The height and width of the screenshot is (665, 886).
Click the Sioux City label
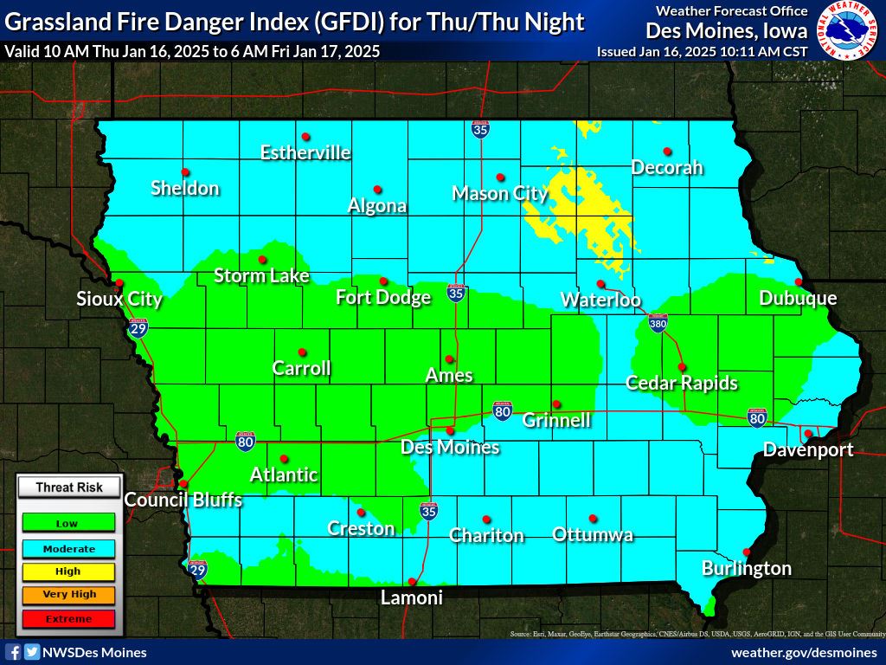point(119,300)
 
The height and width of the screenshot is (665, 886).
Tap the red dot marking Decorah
point(666,152)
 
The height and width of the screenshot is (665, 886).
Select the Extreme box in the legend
point(67,618)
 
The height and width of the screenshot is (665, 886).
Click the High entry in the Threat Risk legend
point(67,571)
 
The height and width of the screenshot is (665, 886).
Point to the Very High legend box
point(67,595)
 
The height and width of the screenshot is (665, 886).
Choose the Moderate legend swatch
point(67,548)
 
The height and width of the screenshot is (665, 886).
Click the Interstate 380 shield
point(658,323)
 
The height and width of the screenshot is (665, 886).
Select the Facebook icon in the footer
point(13,652)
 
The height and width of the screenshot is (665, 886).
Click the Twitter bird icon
point(32,652)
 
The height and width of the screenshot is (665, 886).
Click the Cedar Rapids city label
point(682,383)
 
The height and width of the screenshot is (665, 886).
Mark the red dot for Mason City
point(500,177)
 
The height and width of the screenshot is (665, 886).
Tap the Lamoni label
point(412,597)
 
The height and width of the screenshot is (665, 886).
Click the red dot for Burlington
point(747,552)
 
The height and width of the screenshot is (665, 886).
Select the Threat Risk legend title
point(68,487)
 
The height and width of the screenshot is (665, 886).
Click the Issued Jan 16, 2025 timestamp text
point(702,52)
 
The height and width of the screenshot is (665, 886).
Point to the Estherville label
point(305,153)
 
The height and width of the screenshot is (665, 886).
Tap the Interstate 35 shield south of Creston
point(429,510)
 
